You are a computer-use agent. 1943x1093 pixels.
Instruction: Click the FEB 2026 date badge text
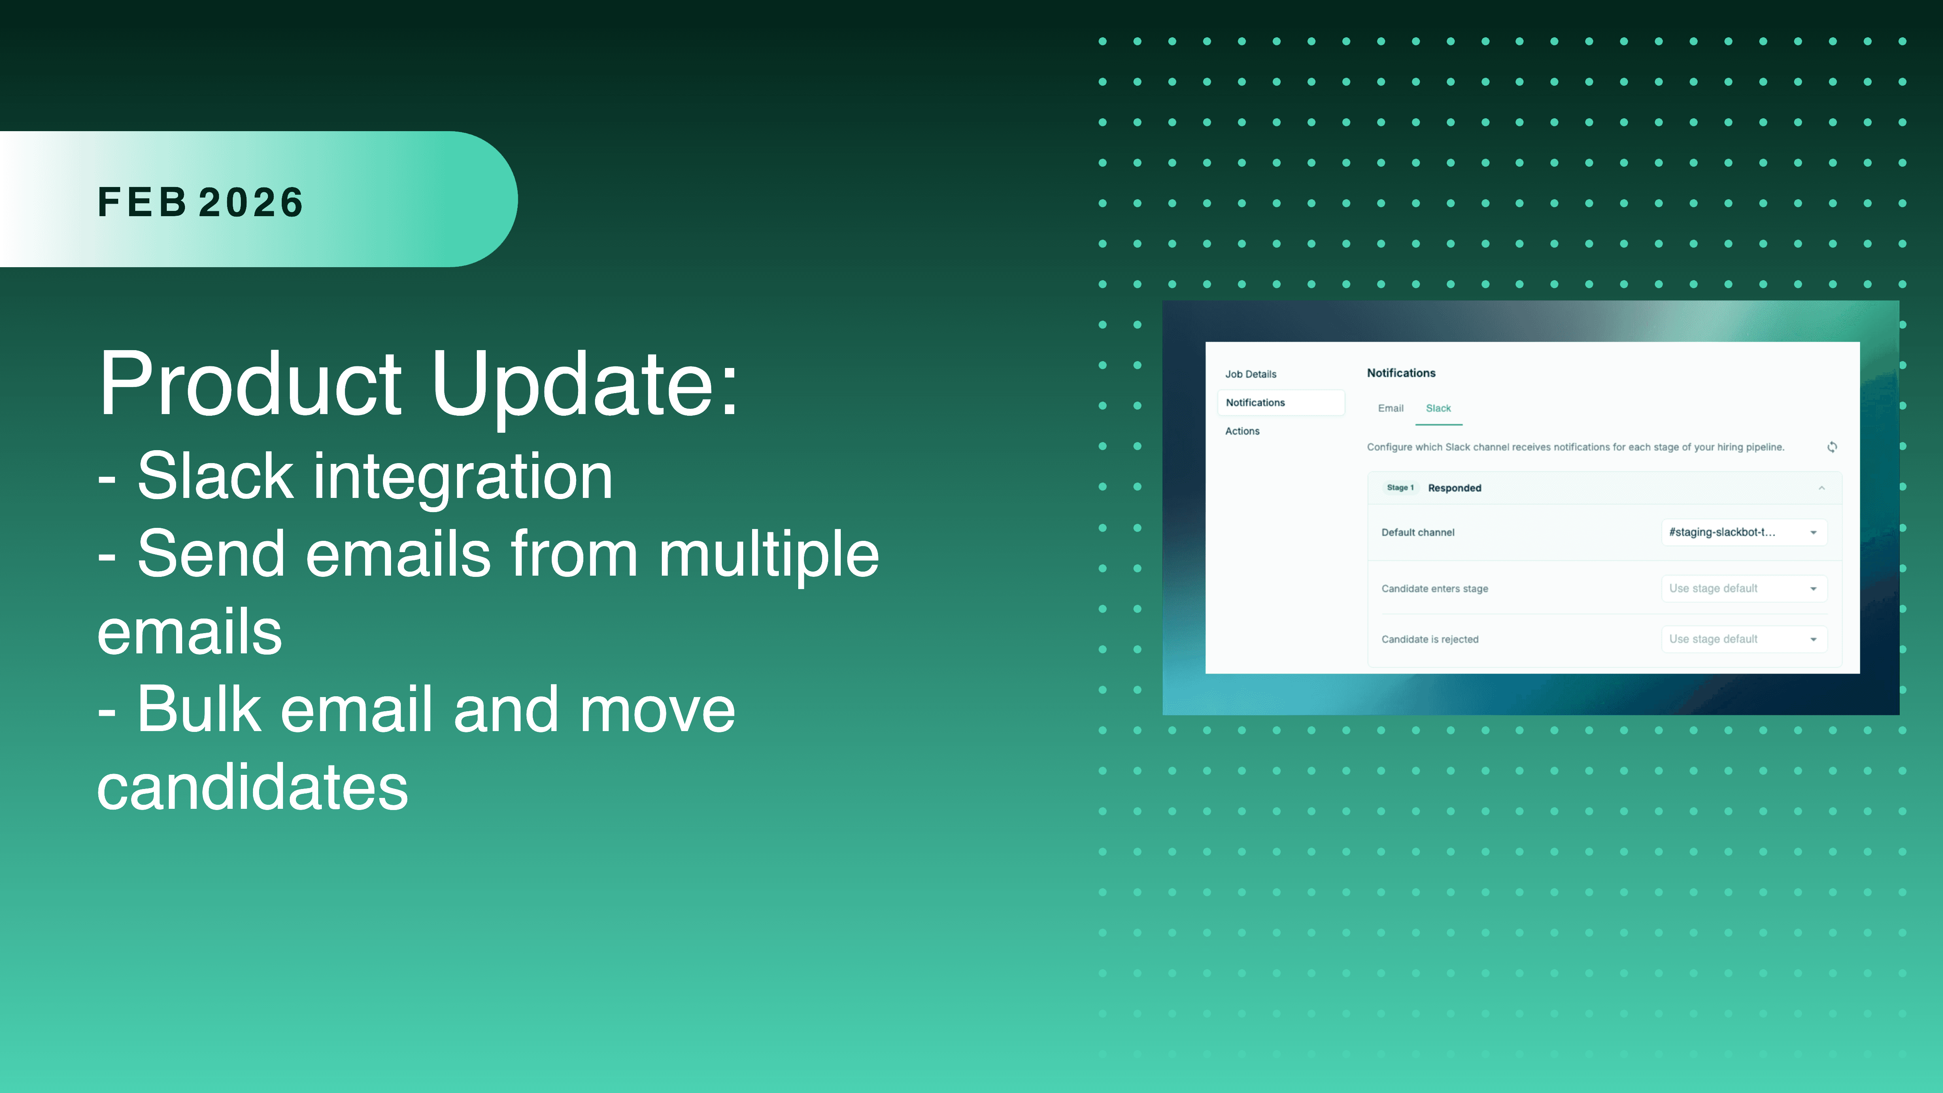click(x=201, y=202)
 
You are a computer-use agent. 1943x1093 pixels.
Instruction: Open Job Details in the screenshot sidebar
click(x=1250, y=374)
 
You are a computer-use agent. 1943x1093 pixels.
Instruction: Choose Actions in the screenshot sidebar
click(x=1242, y=432)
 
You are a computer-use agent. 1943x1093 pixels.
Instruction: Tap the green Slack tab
click(x=1438, y=408)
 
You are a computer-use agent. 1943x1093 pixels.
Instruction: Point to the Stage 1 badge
click(x=1400, y=488)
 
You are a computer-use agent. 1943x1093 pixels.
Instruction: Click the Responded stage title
click(x=1454, y=488)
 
